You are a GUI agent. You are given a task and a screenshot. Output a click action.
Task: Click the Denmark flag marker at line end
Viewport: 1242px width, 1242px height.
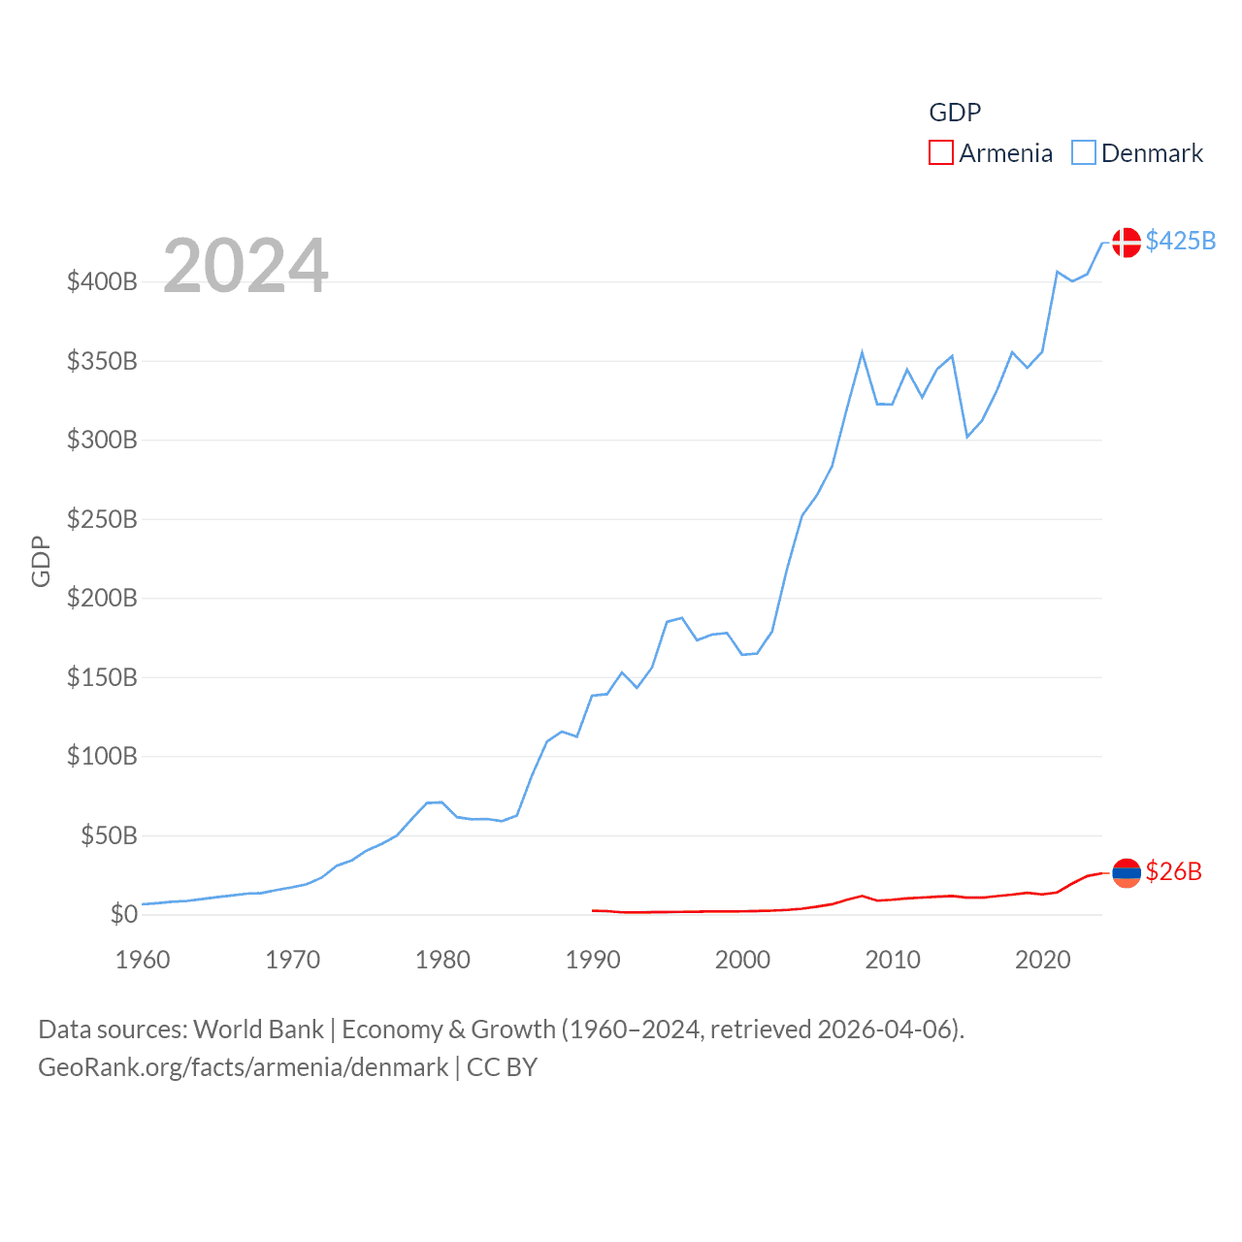click(x=1126, y=242)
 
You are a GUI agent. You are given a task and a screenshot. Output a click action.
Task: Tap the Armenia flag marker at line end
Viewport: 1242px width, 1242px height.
click(x=1126, y=873)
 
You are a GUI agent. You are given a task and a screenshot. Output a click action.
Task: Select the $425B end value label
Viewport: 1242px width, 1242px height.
click(x=1180, y=241)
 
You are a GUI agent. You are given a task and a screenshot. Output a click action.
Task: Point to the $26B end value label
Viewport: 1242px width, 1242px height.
click(x=1173, y=871)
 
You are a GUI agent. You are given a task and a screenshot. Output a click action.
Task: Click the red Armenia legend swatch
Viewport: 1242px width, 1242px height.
click(x=940, y=153)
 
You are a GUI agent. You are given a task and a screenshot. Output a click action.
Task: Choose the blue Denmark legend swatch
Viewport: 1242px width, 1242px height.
click(x=1083, y=153)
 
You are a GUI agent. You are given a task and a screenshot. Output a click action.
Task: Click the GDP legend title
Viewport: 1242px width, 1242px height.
click(x=955, y=113)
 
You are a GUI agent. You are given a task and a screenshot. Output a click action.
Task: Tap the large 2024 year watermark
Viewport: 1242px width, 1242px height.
click(x=245, y=266)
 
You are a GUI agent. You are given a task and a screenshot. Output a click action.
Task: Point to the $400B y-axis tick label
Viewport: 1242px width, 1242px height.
click(x=102, y=282)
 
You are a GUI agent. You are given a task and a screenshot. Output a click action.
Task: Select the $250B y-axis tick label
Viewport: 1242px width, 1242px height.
click(x=102, y=519)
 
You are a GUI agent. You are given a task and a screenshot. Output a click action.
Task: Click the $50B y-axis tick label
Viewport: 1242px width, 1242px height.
click(x=109, y=835)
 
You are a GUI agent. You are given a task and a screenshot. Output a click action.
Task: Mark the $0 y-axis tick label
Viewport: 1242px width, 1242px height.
click(x=123, y=914)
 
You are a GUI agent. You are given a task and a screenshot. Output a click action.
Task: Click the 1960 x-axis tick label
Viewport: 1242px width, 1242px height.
click(x=143, y=960)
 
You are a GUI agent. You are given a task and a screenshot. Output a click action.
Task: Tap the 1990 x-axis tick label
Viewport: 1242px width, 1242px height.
click(x=593, y=960)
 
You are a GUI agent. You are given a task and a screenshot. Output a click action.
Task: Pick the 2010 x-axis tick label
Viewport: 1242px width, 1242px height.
click(x=893, y=960)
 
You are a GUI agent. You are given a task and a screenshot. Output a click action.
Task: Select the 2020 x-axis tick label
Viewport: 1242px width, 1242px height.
click(x=1042, y=960)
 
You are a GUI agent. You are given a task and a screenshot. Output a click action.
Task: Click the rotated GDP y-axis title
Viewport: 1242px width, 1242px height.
click(x=41, y=561)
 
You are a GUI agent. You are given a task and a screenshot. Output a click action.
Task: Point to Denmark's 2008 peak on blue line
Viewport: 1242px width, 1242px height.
click(x=862, y=353)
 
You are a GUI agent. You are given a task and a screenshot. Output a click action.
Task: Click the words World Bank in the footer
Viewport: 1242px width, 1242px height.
click(x=258, y=1030)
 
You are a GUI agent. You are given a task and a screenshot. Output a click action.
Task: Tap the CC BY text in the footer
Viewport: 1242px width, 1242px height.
click(x=502, y=1067)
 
